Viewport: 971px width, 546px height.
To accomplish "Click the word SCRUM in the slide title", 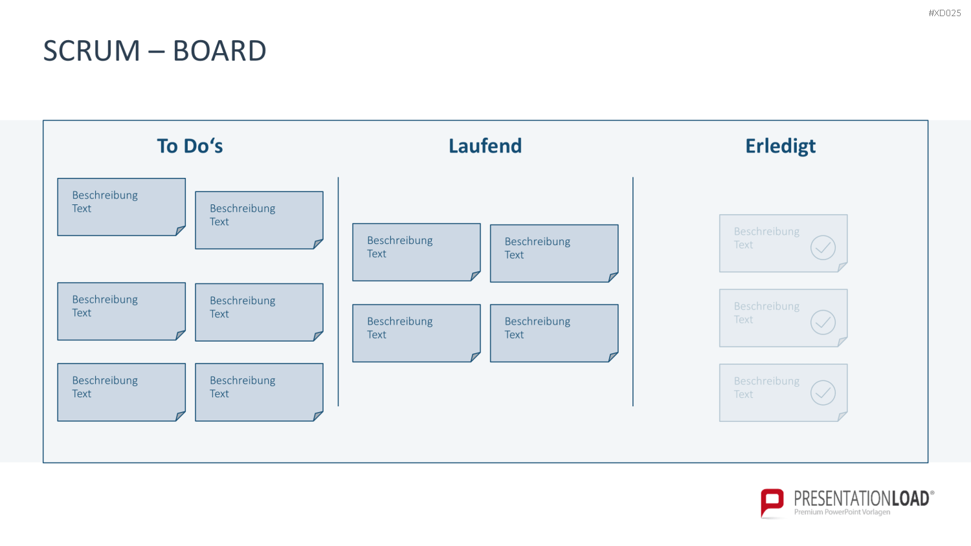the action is pyautogui.click(x=91, y=50).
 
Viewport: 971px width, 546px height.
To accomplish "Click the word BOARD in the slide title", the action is pyautogui.click(x=219, y=50).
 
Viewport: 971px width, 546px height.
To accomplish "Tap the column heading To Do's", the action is pyautogui.click(x=190, y=146).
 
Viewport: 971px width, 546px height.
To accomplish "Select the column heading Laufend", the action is pyautogui.click(x=485, y=146).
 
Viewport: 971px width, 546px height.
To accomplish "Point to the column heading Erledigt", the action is pyautogui.click(x=780, y=147).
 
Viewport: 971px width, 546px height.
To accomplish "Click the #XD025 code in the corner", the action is pyautogui.click(x=944, y=13).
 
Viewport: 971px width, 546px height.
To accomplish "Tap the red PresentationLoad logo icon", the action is pyautogui.click(x=772, y=503).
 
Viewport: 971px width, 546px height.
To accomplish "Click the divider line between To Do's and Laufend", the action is pyautogui.click(x=338, y=292).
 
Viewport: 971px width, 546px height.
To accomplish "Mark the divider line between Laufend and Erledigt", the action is pyautogui.click(x=633, y=292).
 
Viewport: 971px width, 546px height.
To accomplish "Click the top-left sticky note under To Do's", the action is pyautogui.click(x=122, y=207).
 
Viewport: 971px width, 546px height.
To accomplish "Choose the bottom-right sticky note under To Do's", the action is pyautogui.click(x=259, y=392).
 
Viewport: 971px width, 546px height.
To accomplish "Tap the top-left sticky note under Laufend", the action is pyautogui.click(x=417, y=252).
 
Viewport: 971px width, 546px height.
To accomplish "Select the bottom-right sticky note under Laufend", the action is pyautogui.click(x=554, y=333).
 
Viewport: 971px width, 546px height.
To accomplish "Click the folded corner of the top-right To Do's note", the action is pyautogui.click(x=318, y=243).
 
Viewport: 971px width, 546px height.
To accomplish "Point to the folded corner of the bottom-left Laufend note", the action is pyautogui.click(x=476, y=356).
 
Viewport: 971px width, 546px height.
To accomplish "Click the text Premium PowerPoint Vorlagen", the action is pyautogui.click(x=842, y=512).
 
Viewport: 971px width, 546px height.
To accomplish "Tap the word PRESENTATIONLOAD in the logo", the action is pyautogui.click(x=862, y=498).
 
